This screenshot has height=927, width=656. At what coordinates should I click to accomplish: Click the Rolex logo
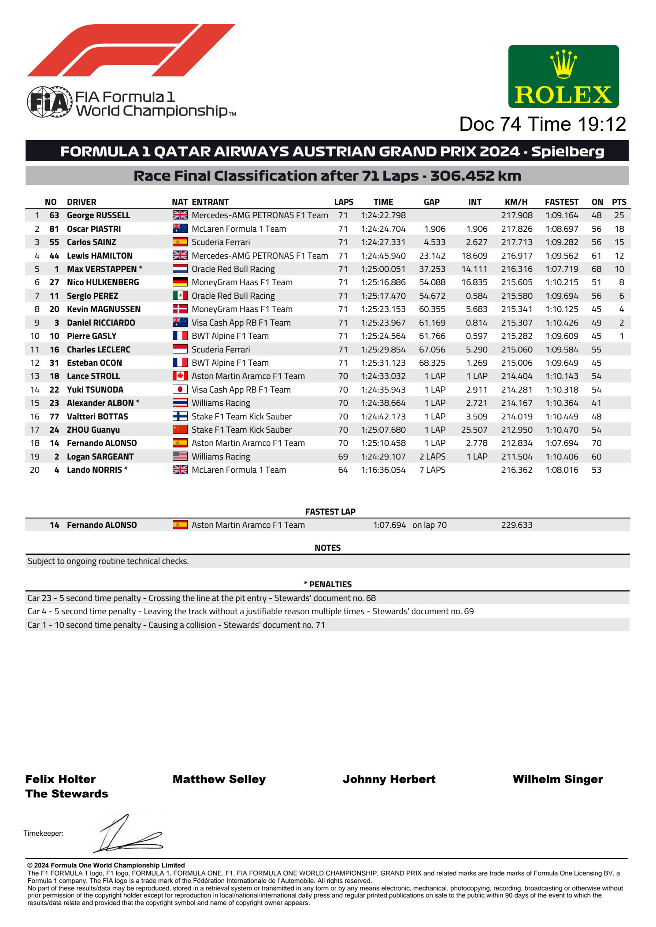(563, 77)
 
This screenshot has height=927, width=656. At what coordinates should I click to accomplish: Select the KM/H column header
(516, 202)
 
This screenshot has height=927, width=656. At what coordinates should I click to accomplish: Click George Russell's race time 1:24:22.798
(383, 215)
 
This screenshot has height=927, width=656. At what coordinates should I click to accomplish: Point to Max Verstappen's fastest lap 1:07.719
(561, 269)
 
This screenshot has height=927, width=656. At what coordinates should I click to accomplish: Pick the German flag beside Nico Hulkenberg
(180, 282)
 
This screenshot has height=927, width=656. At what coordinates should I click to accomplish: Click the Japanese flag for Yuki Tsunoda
(180, 389)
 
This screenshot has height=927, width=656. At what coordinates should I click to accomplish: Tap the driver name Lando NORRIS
(94, 470)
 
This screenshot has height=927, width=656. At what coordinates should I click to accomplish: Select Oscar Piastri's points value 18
(619, 229)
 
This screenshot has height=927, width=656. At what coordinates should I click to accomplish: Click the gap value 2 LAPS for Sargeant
(432, 457)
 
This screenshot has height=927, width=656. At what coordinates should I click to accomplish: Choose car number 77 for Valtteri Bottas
(54, 416)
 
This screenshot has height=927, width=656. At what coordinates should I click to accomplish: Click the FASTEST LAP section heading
(330, 512)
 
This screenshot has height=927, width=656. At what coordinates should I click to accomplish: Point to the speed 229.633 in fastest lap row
(516, 525)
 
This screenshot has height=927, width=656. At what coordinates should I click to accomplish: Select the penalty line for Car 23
(201, 598)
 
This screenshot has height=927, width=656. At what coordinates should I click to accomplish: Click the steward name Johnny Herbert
(389, 779)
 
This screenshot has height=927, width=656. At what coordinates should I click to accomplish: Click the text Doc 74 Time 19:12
(542, 124)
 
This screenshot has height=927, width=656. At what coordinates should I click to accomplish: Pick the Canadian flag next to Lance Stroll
(180, 376)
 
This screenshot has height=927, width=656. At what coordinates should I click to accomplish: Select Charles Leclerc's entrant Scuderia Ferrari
(220, 350)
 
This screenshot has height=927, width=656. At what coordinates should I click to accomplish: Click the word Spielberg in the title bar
(567, 152)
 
